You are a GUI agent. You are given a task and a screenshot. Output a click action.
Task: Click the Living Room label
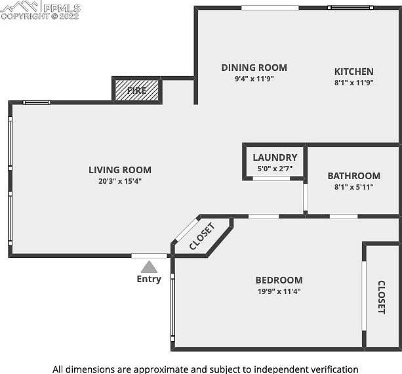pyautogui.click(x=120, y=170)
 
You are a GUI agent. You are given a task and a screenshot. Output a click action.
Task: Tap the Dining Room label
pyautogui.click(x=254, y=68)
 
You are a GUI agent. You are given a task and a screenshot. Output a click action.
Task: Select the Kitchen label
pyautogui.click(x=353, y=72)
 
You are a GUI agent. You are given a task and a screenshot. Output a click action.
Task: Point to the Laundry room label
pyautogui.click(x=275, y=157)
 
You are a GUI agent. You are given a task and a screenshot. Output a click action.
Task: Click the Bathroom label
pyautogui.click(x=353, y=176)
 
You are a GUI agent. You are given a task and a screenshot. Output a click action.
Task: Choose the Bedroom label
pyautogui.click(x=279, y=280)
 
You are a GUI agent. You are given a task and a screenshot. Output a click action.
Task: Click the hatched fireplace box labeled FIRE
pyautogui.click(x=137, y=91)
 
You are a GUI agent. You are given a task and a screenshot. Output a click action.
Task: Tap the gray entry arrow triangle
pyautogui.click(x=149, y=267)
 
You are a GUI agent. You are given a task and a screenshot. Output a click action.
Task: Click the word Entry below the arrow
pyautogui.click(x=149, y=279)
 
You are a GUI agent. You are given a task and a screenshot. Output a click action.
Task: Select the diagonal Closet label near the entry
pyautogui.click(x=202, y=237)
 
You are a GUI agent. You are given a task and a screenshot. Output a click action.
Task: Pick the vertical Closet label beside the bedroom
pyautogui.click(x=381, y=297)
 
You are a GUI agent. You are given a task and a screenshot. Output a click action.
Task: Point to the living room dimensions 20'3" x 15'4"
pyautogui.click(x=120, y=181)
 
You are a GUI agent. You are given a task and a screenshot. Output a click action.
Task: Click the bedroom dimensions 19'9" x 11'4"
pyautogui.click(x=279, y=291)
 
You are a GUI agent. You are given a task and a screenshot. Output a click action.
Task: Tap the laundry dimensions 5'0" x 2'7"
pyautogui.click(x=275, y=169)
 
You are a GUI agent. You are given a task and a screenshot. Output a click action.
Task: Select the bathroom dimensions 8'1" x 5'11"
pyautogui.click(x=353, y=187)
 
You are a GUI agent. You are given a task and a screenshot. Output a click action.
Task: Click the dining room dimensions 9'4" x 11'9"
pyautogui.click(x=254, y=79)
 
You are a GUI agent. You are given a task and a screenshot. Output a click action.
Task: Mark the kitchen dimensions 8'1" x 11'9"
pyautogui.click(x=353, y=83)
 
